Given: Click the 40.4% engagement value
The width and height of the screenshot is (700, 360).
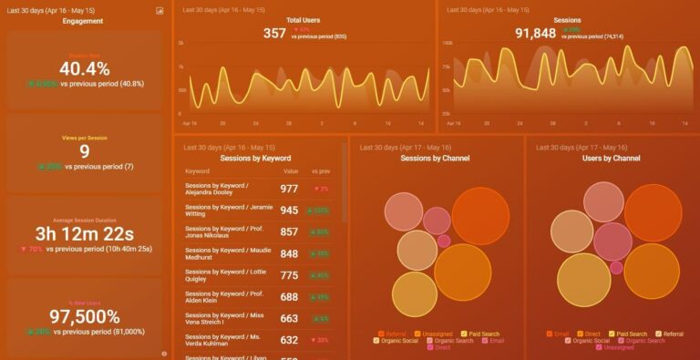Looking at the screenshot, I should coord(84,69).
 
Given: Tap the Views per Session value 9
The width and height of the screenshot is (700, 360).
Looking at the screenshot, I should coord(84,152).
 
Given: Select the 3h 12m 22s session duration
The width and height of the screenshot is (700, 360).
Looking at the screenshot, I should coord(84,234).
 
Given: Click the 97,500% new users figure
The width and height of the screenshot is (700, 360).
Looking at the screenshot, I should coord(84,317).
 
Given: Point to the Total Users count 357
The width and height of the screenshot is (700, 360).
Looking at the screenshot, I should coord(274,33).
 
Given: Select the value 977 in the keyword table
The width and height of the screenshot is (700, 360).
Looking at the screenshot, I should coord(289,189).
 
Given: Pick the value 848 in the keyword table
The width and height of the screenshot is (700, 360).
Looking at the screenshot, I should coord(289,254).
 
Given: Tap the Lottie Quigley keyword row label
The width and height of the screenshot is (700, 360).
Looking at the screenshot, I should coord(224,276).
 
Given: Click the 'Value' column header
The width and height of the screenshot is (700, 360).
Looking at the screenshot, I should coord(291,171).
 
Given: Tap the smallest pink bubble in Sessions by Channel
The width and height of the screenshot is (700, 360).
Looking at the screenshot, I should coord(444,242).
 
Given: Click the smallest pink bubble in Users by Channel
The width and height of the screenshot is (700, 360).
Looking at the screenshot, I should coord(616,268).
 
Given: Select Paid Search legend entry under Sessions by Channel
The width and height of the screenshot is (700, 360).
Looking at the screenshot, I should coord(484,334).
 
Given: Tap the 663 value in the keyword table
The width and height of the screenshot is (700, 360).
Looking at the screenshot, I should coord(289,319).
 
